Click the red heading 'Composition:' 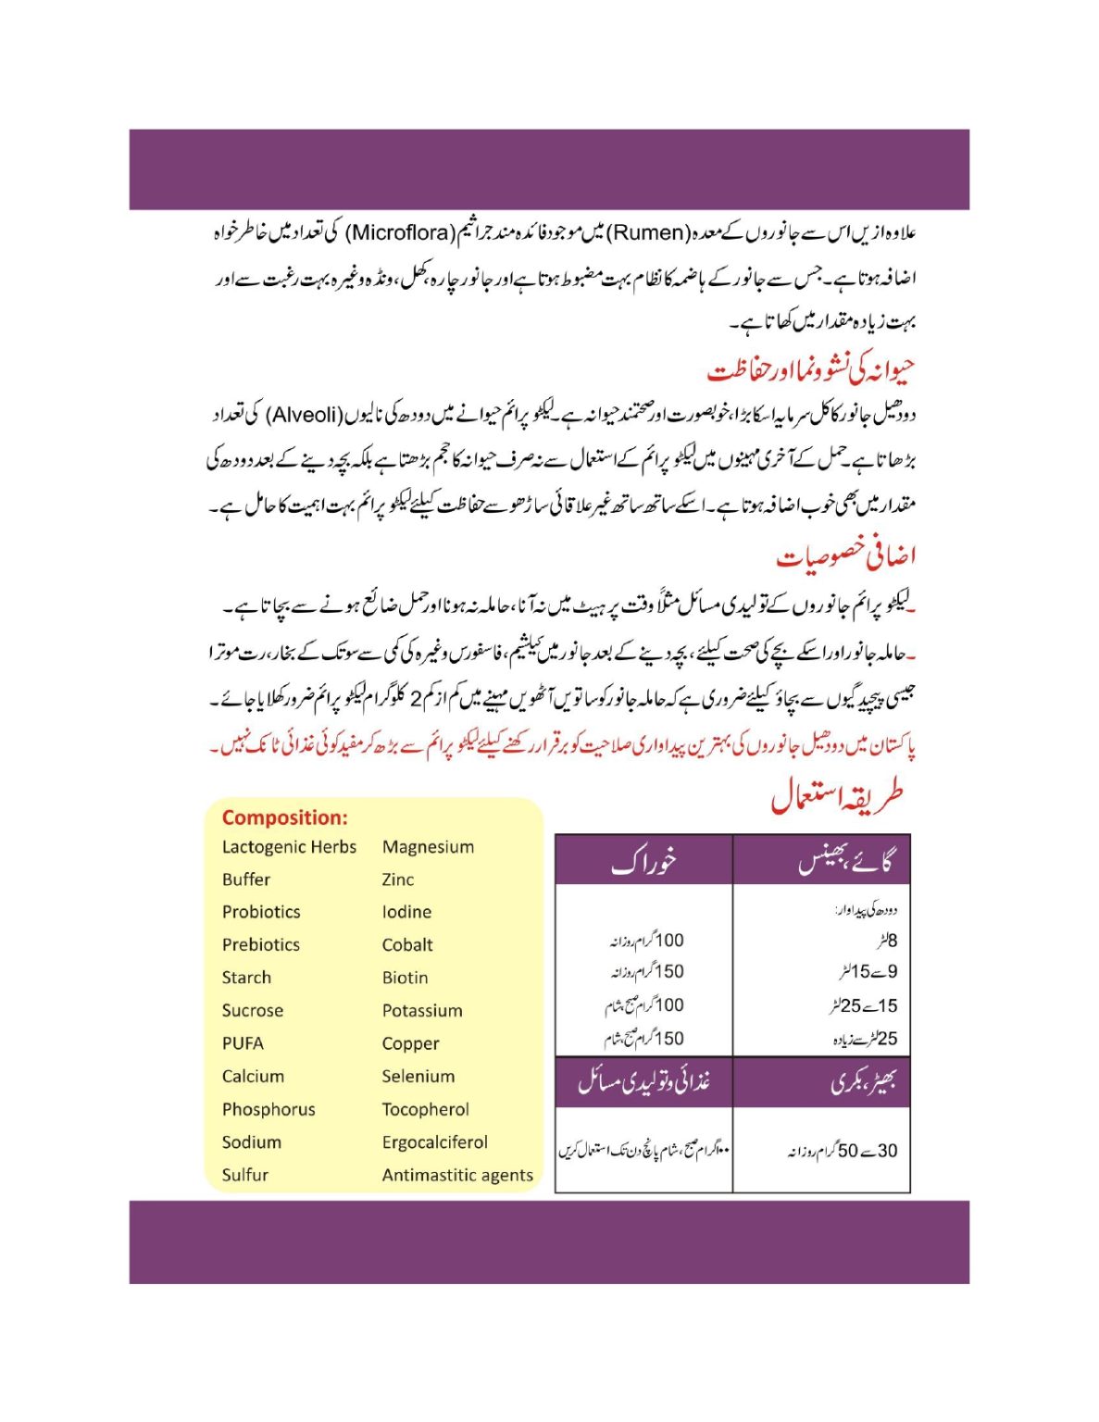284,817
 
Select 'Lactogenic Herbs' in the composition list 289,847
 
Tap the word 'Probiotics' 261,912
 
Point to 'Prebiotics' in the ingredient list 261,945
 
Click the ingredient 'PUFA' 243,1043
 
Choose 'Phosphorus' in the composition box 269,1109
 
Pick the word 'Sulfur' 244,1175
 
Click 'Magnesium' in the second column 428,847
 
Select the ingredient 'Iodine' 406,912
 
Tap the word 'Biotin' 405,978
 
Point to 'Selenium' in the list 418,1077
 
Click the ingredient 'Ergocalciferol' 434,1142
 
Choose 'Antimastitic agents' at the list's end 457,1176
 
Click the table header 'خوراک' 643,862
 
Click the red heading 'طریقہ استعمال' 837,797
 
